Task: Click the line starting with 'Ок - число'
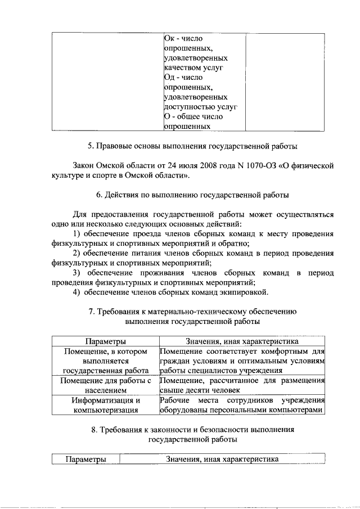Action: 183,38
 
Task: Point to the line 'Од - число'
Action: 183,77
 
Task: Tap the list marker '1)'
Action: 78,233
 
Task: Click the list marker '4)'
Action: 78,292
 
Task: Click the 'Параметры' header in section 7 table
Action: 105,341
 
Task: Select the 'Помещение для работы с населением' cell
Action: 105,385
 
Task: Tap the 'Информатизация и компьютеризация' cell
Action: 105,405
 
